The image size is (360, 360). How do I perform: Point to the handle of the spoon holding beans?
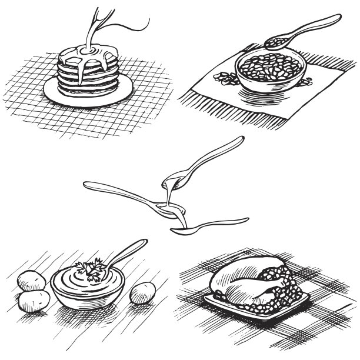(x=312, y=25)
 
